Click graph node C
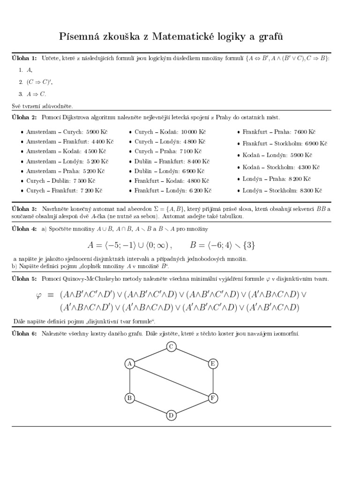click(x=171, y=346)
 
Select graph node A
click(x=130, y=363)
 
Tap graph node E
click(x=212, y=363)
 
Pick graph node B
click(x=130, y=398)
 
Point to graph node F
click(x=212, y=398)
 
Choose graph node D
click(x=171, y=415)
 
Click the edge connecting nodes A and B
click(x=130, y=381)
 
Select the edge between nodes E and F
click(x=212, y=381)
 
